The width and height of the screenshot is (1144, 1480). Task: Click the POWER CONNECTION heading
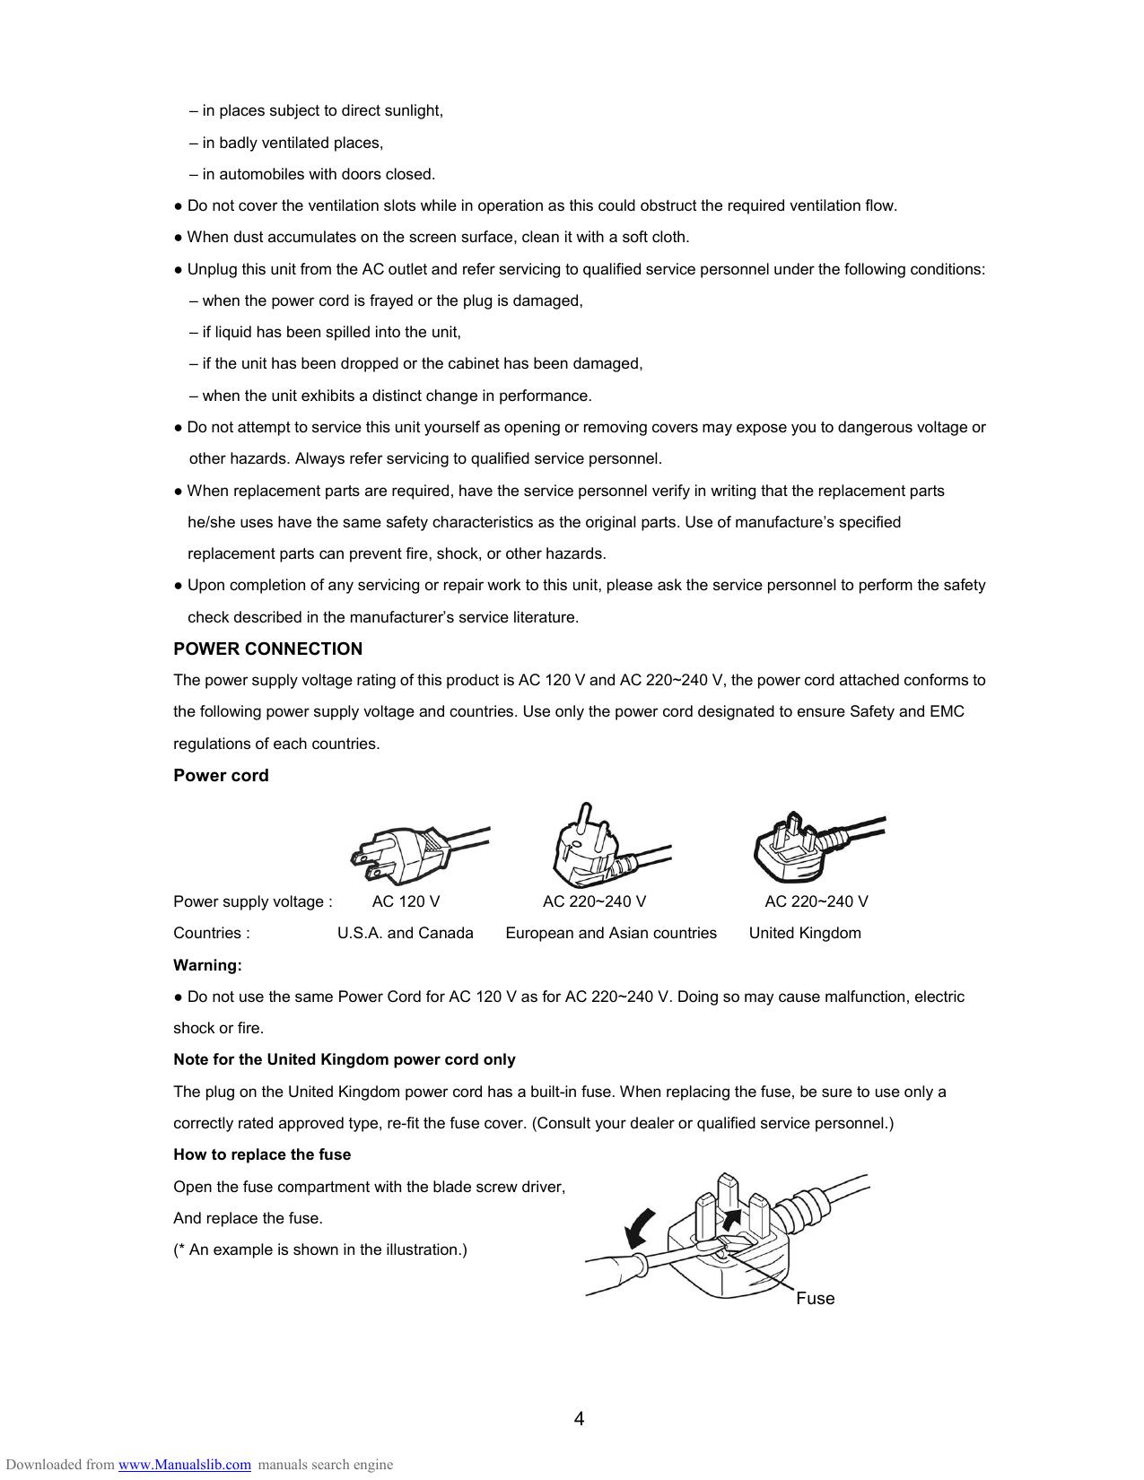[x=267, y=649]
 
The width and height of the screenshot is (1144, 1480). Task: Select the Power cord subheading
[x=221, y=775]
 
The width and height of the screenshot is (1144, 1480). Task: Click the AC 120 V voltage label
[x=406, y=901]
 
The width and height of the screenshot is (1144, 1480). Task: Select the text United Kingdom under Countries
[x=805, y=933]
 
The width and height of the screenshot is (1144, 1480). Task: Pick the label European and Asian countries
[x=611, y=933]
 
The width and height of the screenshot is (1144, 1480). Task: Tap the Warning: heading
[x=207, y=965]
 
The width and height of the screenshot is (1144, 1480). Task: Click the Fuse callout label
[x=815, y=1298]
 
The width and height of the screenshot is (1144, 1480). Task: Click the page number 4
[x=579, y=1418]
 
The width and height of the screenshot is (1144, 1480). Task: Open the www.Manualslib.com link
[x=185, y=1465]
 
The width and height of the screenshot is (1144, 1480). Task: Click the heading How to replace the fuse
[x=262, y=1154]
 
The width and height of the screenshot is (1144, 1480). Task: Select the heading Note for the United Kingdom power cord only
[x=345, y=1059]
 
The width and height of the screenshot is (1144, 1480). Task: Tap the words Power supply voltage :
[x=253, y=901]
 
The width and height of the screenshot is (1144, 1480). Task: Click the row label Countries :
[x=212, y=933]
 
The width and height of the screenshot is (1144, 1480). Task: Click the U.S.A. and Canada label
[x=406, y=933]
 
